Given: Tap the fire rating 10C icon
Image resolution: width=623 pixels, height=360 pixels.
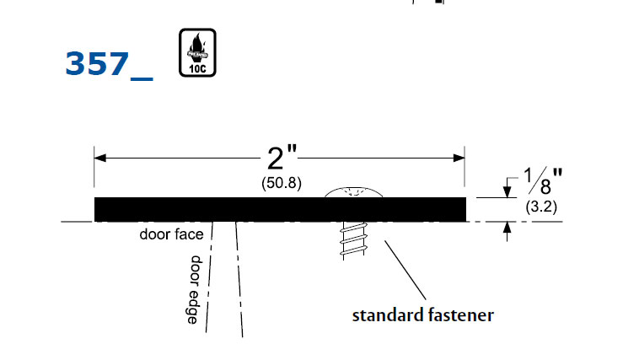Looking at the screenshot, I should (197, 53).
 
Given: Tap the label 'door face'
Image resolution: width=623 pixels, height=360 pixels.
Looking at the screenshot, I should (171, 234).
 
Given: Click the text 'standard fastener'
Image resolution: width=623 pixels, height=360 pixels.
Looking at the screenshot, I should (422, 316).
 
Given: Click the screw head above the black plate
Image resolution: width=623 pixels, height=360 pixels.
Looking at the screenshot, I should (355, 192).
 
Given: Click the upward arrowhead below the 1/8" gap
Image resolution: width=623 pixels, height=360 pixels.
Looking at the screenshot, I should (508, 228).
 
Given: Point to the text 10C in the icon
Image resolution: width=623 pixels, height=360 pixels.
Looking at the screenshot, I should (197, 67).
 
